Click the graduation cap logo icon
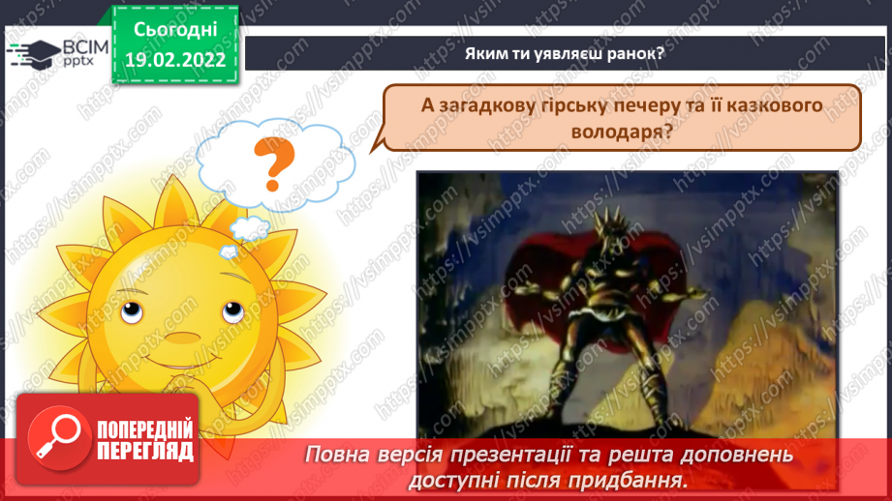31,54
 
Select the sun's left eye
133,311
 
